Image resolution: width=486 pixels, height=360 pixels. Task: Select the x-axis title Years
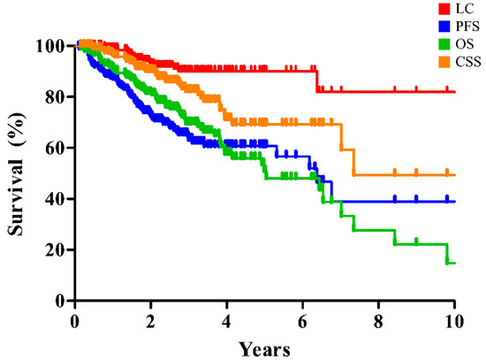point(264,349)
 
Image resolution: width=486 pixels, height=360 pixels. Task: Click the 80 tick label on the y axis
point(58,96)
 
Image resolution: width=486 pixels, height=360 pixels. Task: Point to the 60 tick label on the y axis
point(58,148)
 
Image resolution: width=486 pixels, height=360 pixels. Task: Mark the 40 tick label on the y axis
point(58,199)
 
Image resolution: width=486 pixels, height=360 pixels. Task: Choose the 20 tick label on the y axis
point(58,250)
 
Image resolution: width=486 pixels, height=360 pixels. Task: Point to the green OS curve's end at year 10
point(452,263)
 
